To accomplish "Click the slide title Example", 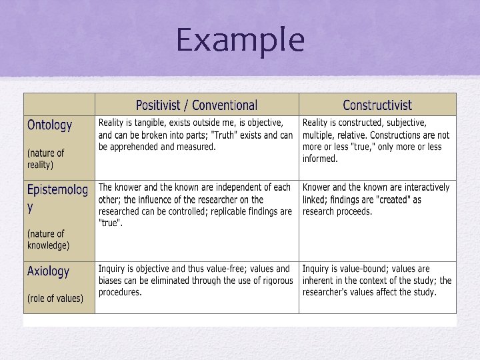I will tap(240, 40).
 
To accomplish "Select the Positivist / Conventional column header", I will tap(196, 105).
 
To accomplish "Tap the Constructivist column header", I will tap(377, 105).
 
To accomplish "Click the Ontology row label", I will tap(50, 125).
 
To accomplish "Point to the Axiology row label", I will tap(48, 271).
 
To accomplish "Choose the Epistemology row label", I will tap(57, 190).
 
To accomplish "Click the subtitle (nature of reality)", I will tap(46, 159).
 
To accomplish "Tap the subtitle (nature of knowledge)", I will tap(48, 239).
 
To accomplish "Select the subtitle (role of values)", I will tap(55, 298).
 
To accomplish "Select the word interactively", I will tap(424, 188).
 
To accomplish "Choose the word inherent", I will tap(320, 281).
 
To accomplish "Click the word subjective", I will tap(397, 123).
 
